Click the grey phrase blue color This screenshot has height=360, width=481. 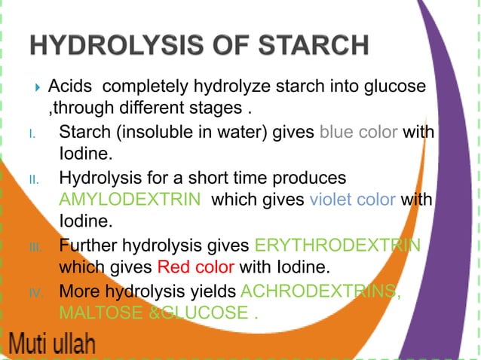tap(359, 133)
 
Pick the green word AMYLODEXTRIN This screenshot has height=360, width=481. tap(130, 200)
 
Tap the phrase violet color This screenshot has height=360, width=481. tap(352, 200)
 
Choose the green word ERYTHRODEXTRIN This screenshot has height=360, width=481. tap(337, 246)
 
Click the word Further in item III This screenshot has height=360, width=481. tap(87, 246)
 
